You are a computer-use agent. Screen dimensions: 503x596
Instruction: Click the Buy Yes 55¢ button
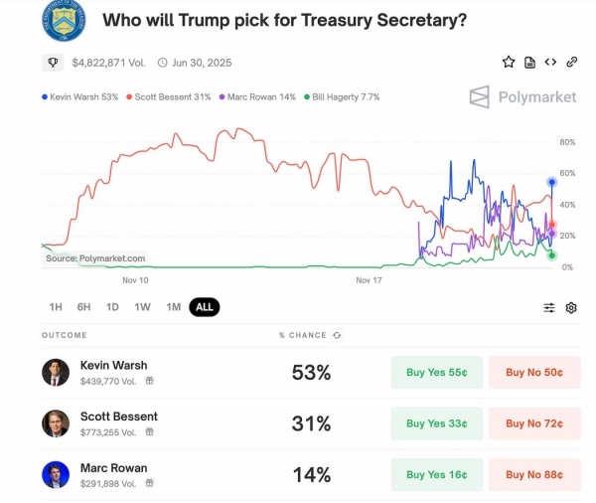coord(437,373)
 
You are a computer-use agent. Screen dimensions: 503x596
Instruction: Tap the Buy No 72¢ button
coord(534,423)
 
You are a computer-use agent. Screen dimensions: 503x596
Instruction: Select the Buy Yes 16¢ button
coord(437,474)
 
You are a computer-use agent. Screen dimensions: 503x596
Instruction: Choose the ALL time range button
coord(205,307)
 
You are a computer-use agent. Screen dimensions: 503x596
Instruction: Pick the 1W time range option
coord(142,307)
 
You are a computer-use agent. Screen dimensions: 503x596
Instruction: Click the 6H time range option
coord(83,307)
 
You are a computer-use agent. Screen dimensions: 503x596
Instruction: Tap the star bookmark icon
coord(509,62)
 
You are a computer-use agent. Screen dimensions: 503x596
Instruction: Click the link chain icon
coord(572,62)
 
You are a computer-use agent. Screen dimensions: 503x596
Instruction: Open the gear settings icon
coord(571,308)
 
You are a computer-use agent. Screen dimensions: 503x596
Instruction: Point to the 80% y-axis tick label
coord(568,142)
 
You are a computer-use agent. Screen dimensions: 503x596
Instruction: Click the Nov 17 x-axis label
coord(369,280)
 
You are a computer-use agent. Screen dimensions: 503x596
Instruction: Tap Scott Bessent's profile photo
coord(56,423)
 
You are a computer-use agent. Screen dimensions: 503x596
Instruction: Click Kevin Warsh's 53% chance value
coord(311,373)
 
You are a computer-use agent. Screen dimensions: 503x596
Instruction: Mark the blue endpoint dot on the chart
coord(552,182)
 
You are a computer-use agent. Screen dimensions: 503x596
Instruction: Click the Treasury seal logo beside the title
coord(63,20)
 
